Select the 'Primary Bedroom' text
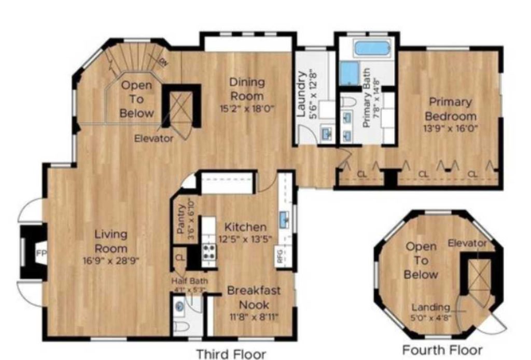point(450,108)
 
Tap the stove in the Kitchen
point(208,253)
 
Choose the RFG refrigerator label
point(280,258)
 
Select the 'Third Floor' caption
point(231,354)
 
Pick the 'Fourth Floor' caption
point(442,349)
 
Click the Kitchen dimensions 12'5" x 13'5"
point(245,239)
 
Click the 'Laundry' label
point(302,88)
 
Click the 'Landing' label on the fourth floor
point(430,307)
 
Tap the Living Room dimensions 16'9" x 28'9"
point(110,259)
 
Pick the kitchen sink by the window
point(285,221)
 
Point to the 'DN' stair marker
point(163,63)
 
